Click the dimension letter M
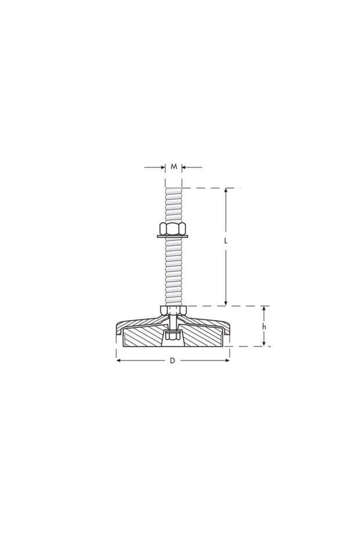[x=174, y=167]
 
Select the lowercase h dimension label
[x=264, y=327]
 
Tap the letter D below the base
[x=172, y=361]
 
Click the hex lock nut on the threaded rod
[x=173, y=227]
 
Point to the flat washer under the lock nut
[x=173, y=236]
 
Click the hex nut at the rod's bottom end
[x=173, y=310]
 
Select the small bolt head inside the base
[x=172, y=336]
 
